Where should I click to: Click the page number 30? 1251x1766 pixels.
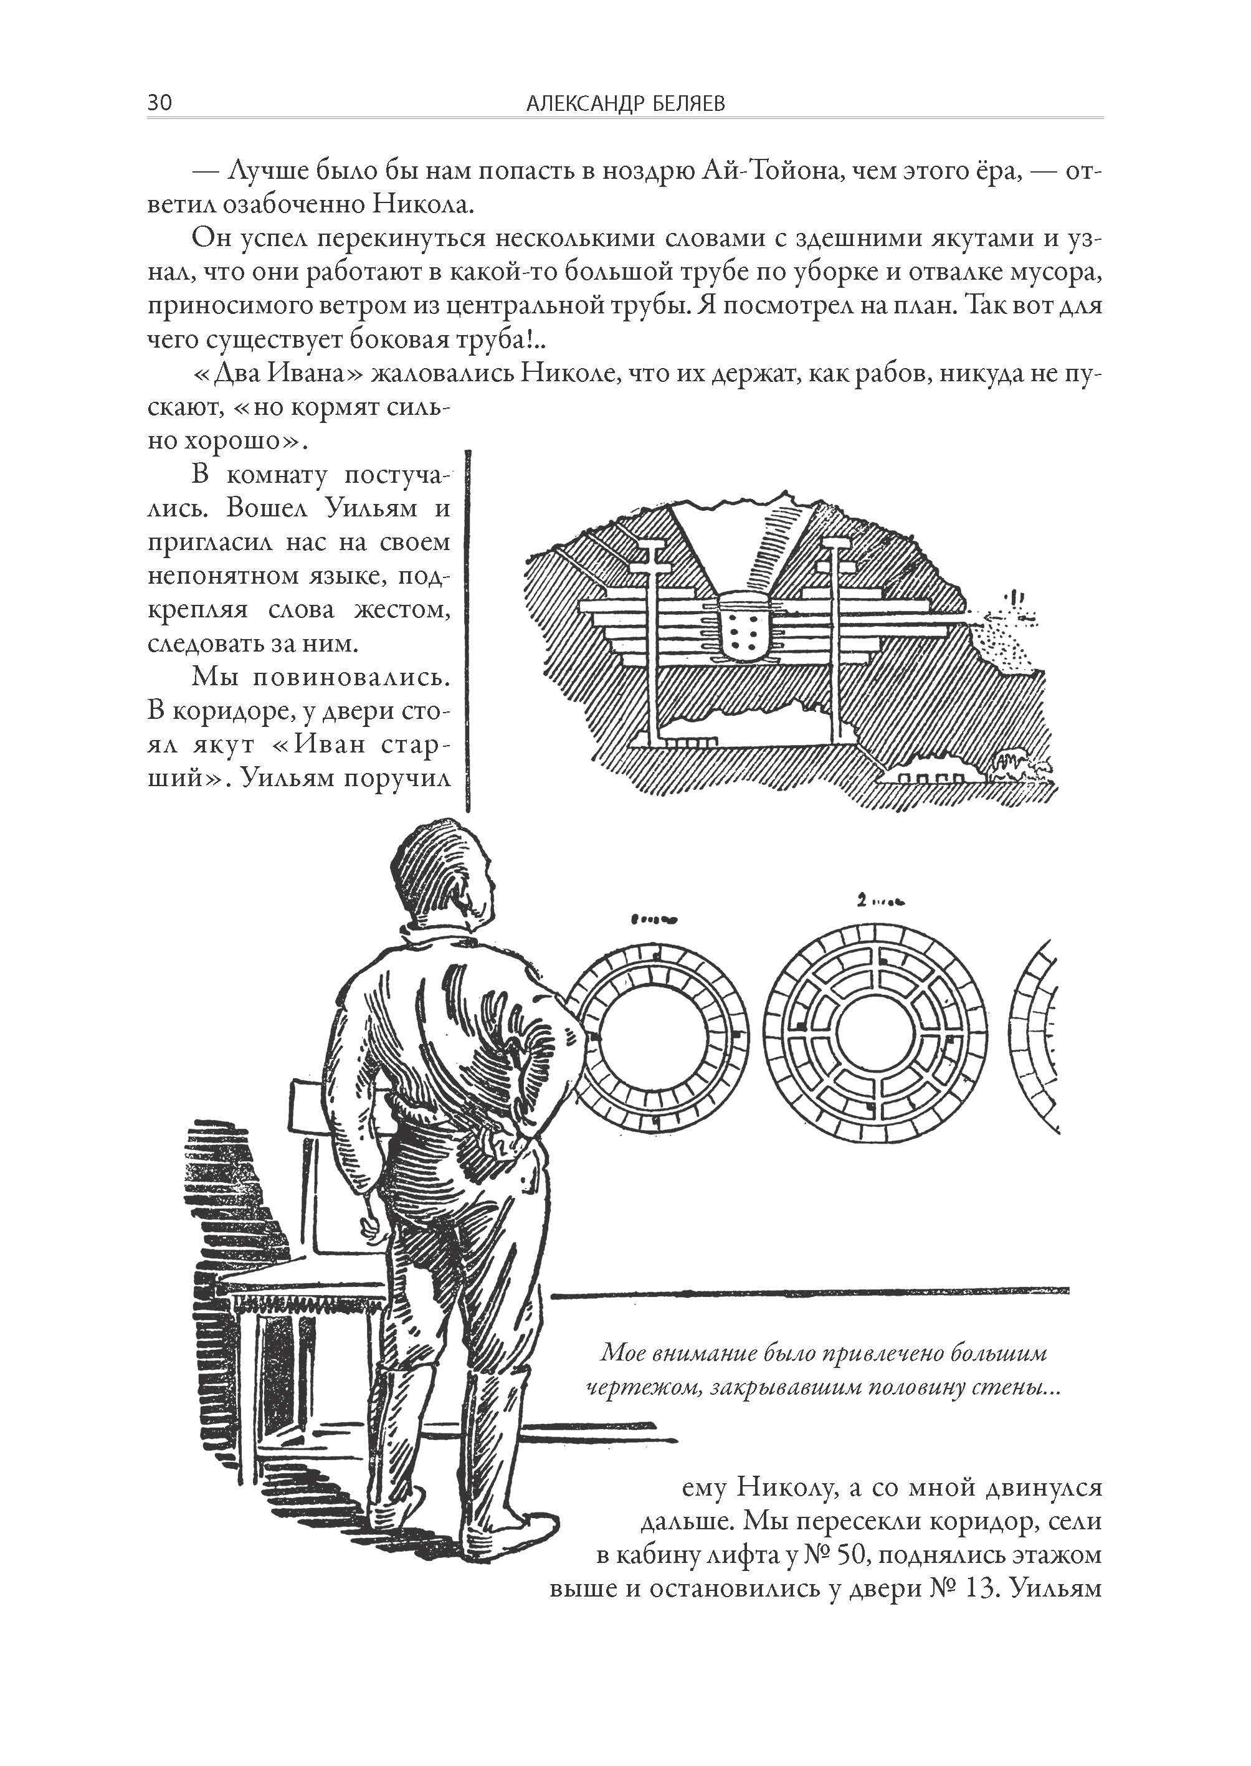[159, 102]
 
